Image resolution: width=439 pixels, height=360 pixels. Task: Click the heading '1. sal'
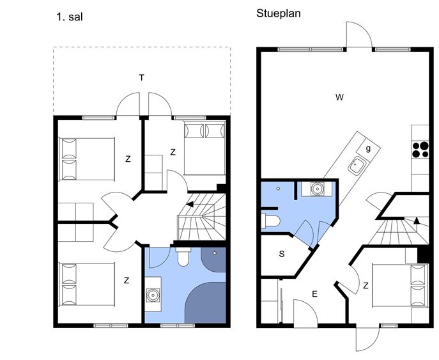[x=70, y=17]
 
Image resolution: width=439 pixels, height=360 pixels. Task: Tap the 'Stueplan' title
[x=279, y=13]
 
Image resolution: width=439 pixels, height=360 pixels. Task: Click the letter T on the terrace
[x=142, y=77]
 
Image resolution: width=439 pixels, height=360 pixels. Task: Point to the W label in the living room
[x=339, y=97]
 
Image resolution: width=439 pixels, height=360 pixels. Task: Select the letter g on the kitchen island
[x=368, y=148]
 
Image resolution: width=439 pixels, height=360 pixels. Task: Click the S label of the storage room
[x=282, y=254]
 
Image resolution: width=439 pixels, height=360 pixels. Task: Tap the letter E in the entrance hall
[x=314, y=294]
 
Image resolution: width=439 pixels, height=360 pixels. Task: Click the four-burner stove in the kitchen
[x=420, y=150]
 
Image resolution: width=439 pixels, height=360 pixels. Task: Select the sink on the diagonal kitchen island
[x=357, y=166]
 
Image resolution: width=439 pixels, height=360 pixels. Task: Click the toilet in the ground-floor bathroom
[x=270, y=221]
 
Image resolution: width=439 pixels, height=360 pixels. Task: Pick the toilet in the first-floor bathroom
[x=183, y=256]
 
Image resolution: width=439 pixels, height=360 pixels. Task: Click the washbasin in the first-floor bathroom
[x=153, y=295]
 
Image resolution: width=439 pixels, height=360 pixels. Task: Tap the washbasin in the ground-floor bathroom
[x=318, y=189]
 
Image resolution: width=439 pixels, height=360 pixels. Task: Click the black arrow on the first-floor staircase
[x=190, y=204]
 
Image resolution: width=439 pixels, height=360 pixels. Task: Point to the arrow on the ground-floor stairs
[x=417, y=221]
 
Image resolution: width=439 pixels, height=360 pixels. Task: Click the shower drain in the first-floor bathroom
[x=215, y=253]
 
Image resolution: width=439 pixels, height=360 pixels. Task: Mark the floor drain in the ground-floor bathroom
[x=278, y=189]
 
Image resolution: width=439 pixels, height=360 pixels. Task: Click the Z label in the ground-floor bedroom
[x=366, y=286]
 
